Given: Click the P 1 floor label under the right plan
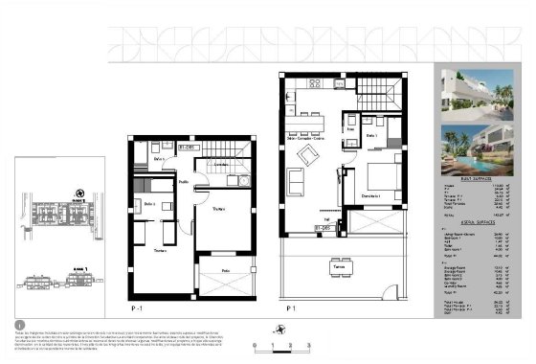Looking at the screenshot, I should click(x=289, y=308).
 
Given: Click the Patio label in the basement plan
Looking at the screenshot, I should click(x=226, y=271).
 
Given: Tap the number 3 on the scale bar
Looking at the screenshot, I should click(x=307, y=345).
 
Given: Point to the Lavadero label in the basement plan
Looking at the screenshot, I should click(x=220, y=165).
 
